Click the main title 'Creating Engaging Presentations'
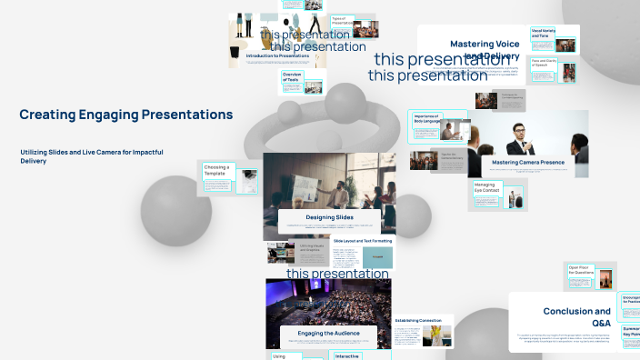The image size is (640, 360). click(x=125, y=115)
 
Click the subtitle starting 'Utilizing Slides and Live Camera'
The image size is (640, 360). click(x=91, y=155)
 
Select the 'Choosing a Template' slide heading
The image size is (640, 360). click(x=216, y=169)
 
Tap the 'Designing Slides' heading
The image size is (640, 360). click(x=329, y=217)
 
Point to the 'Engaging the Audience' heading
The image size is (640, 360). click(x=328, y=334)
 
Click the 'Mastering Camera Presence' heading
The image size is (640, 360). click(x=527, y=163)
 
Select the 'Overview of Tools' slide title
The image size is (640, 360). click(x=291, y=77)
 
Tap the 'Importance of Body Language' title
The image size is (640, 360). click(x=426, y=119)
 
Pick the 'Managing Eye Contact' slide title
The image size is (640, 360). click(x=485, y=186)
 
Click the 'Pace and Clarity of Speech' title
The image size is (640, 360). click(x=544, y=65)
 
